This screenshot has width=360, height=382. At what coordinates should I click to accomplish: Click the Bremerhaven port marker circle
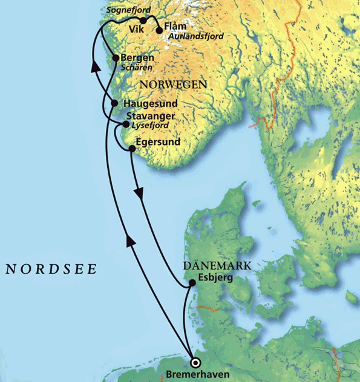click(x=195, y=363)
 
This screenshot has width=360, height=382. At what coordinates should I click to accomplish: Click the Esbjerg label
click(x=215, y=279)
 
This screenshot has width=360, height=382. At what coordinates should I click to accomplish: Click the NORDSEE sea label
click(x=51, y=270)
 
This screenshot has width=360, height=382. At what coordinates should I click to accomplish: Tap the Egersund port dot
click(x=132, y=148)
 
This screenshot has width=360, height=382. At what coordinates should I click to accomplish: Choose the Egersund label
click(x=159, y=142)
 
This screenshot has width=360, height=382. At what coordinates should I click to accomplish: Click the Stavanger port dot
click(x=126, y=125)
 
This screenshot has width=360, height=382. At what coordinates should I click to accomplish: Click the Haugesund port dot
click(x=115, y=103)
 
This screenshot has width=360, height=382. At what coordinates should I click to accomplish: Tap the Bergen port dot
click(x=116, y=58)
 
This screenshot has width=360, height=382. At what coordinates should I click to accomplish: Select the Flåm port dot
click(x=159, y=30)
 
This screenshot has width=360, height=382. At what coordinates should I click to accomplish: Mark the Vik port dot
click(x=143, y=21)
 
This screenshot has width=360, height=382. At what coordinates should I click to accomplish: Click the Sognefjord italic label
click(x=128, y=10)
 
